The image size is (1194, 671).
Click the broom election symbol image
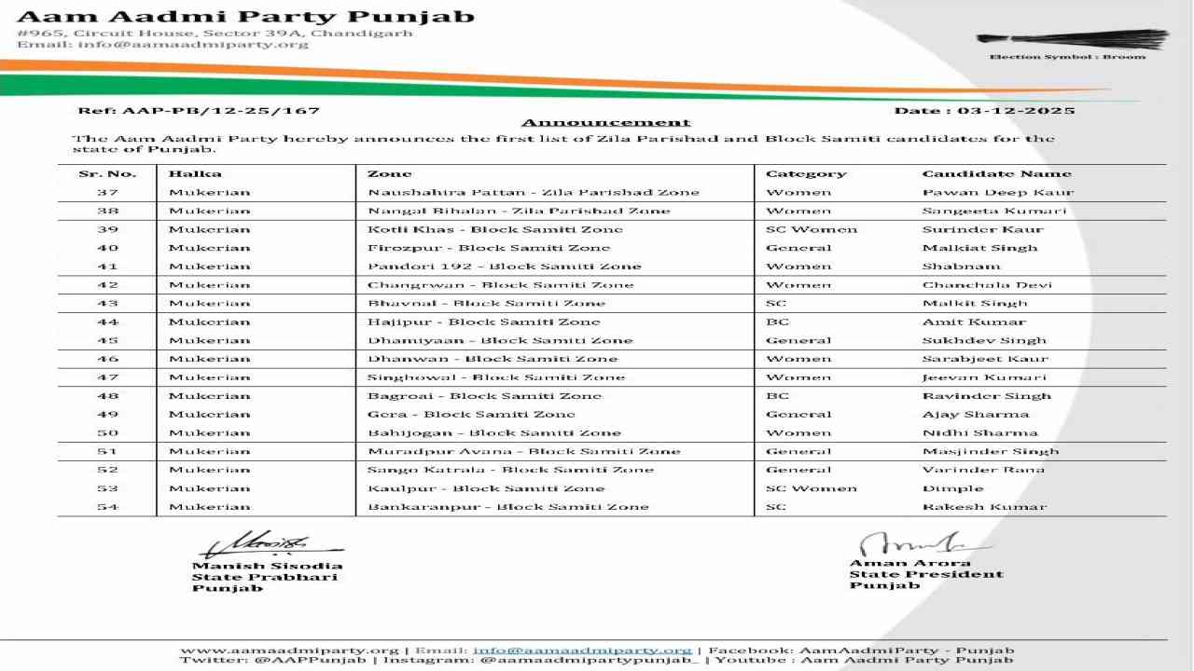[x=1072, y=40]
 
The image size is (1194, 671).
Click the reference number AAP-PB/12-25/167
[x=199, y=111]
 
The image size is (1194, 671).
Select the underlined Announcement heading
[x=605, y=123]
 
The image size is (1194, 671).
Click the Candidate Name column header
[x=996, y=174]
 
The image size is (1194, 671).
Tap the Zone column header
[x=390, y=174]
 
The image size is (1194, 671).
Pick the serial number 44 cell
[x=107, y=322]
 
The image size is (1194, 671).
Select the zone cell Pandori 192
[x=505, y=267]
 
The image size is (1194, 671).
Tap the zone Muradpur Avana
[x=524, y=452]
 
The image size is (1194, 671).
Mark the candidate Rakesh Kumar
[x=984, y=507]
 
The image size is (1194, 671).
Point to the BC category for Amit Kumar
[x=778, y=322]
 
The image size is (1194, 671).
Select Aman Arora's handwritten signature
[x=919, y=542]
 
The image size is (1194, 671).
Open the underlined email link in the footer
[x=582, y=650]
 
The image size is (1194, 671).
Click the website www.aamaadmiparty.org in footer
[x=289, y=650]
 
